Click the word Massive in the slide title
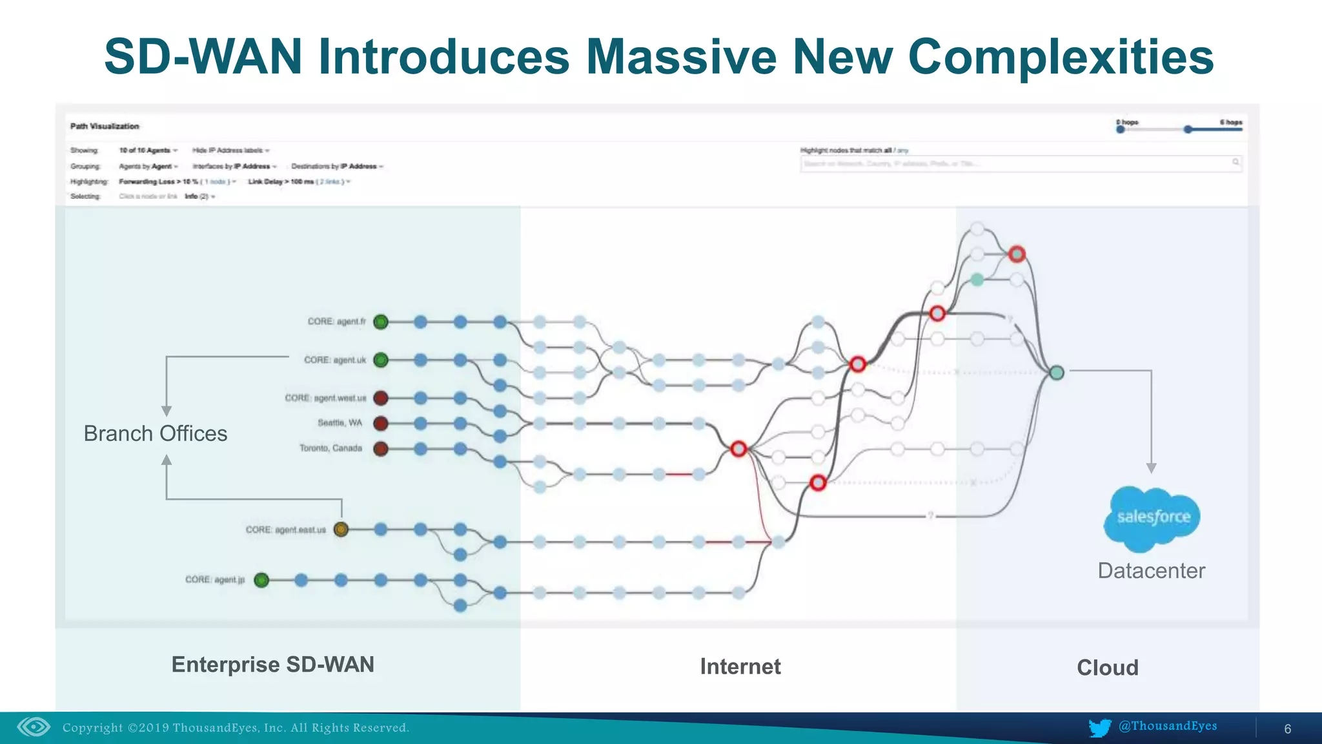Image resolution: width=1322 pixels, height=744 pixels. tap(680, 57)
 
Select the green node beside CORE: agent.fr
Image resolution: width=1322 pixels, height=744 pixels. tap(381, 322)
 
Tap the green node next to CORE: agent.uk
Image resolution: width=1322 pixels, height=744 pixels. tap(381, 360)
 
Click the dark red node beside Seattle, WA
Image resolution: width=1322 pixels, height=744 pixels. tap(381, 424)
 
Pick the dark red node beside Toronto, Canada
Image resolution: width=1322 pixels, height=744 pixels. tap(381, 449)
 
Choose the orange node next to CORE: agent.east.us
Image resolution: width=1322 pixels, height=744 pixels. tap(341, 530)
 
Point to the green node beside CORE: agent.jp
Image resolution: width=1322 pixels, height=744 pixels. tap(261, 580)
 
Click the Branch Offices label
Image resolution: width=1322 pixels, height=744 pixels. tap(156, 433)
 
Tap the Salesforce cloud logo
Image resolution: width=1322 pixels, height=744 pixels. tap(1153, 517)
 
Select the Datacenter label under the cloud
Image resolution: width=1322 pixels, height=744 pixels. tap(1151, 571)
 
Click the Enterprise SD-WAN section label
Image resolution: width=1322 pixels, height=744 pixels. tap(272, 665)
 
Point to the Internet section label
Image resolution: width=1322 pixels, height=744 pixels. tap(740, 666)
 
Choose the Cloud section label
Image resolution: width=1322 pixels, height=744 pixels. tap(1107, 668)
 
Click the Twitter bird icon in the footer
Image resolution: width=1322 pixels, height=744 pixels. tap(1099, 728)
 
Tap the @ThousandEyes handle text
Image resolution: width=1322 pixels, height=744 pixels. tap(1168, 726)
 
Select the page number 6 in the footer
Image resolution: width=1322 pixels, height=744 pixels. tap(1287, 729)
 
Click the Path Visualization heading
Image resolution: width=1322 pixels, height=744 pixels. tap(105, 127)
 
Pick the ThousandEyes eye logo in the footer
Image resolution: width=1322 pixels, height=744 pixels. tap(34, 727)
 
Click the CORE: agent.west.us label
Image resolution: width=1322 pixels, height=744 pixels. tap(325, 398)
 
